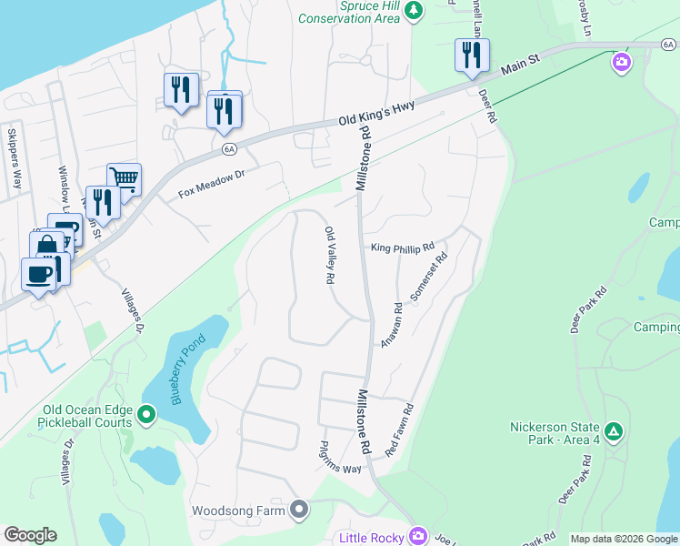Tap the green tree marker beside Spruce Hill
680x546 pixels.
pos(415,11)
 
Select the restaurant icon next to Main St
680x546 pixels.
pos(472,56)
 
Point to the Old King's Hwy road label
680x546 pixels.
pos(377,114)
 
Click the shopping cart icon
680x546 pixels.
pos(124,178)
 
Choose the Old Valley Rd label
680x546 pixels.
pos(331,255)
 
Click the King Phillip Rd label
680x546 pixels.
pos(403,247)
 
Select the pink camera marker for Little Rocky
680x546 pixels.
pos(418,536)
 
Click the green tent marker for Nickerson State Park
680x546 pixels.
pos(615,430)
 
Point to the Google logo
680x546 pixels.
pos(30,535)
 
